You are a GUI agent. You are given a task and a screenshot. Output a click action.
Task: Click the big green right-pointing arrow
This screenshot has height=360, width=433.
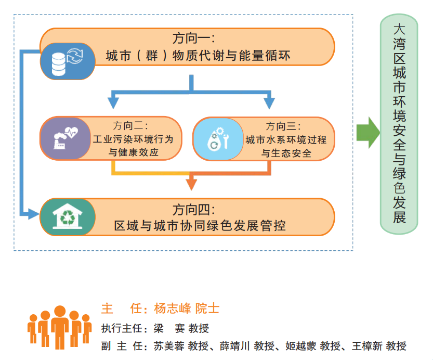(368, 132)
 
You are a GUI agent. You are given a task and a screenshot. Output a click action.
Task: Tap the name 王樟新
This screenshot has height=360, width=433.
(368, 346)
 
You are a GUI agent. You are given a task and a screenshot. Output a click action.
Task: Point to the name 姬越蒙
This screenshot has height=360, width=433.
(301, 346)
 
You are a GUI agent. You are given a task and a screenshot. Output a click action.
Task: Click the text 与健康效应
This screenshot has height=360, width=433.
(133, 153)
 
